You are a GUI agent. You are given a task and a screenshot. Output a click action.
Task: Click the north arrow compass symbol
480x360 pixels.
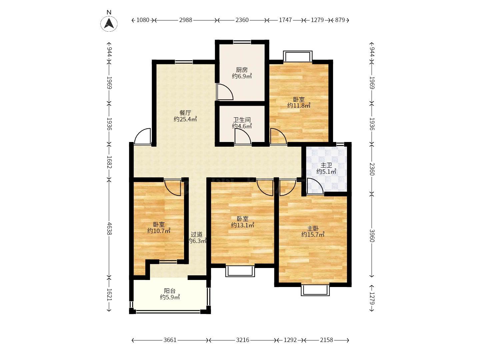pos(109,23)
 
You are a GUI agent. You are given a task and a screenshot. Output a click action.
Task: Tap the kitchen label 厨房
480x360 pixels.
pos(242,70)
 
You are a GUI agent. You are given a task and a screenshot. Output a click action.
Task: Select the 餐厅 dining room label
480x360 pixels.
pos(185,113)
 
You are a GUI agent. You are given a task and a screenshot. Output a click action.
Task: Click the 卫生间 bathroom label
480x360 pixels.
pos(242,120)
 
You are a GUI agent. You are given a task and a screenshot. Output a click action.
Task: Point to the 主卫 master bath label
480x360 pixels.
pos(326,165)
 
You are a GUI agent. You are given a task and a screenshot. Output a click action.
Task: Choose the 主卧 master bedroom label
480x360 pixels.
pos(313,228)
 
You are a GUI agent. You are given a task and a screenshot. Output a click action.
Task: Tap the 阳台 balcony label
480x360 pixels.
pos(170,291)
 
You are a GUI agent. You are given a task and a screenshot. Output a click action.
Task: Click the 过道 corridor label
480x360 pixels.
pos(197,235)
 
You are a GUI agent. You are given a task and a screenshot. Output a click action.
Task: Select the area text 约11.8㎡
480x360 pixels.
pos(299,106)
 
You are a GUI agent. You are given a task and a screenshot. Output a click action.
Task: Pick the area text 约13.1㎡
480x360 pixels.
pos(243,225)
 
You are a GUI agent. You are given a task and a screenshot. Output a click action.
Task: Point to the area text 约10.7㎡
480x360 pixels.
pos(159,231)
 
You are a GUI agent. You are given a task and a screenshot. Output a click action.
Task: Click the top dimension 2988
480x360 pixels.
pos(185,20)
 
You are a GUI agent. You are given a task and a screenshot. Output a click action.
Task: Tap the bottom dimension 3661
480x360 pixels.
pos(170,340)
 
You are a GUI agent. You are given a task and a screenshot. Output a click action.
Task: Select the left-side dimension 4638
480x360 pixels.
pos(109,229)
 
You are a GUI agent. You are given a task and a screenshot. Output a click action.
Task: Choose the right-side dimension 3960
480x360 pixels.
pos(372,236)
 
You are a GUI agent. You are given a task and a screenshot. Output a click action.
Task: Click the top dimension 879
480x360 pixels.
pos(340,20)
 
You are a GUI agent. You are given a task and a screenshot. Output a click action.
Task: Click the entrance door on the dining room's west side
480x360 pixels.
pos(142,136)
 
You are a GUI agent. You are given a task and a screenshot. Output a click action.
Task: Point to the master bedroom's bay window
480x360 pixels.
pos(315,290)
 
